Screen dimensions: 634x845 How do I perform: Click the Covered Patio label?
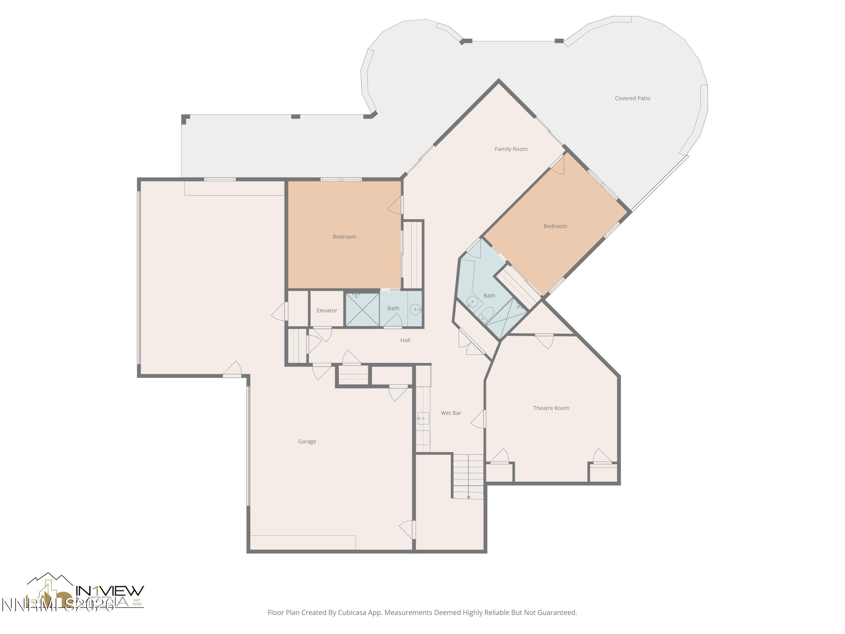point(632,98)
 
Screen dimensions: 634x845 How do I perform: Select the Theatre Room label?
point(551,408)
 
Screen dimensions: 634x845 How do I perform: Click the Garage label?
point(307,441)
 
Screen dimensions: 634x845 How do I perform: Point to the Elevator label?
point(327,310)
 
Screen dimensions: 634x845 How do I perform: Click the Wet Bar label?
point(451,413)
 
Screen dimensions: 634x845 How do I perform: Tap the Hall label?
point(405,340)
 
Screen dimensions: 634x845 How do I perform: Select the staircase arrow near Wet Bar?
point(468,497)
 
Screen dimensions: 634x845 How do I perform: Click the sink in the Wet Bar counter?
point(422,418)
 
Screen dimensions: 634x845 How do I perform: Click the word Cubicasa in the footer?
point(352,613)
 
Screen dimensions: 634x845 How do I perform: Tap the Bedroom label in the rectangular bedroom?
point(344,237)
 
